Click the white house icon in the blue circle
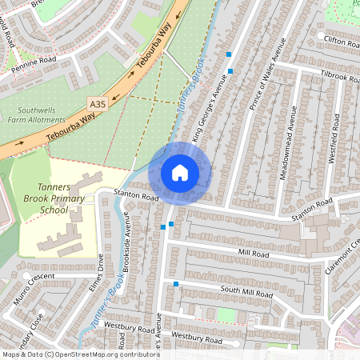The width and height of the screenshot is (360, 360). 180,173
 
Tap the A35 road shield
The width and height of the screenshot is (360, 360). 98,104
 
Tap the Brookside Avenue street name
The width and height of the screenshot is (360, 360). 127,242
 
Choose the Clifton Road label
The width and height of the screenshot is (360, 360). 339,38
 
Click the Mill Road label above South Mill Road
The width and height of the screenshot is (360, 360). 254,253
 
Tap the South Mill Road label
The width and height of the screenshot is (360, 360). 247,290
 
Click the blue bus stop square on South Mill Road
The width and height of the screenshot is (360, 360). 176,283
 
